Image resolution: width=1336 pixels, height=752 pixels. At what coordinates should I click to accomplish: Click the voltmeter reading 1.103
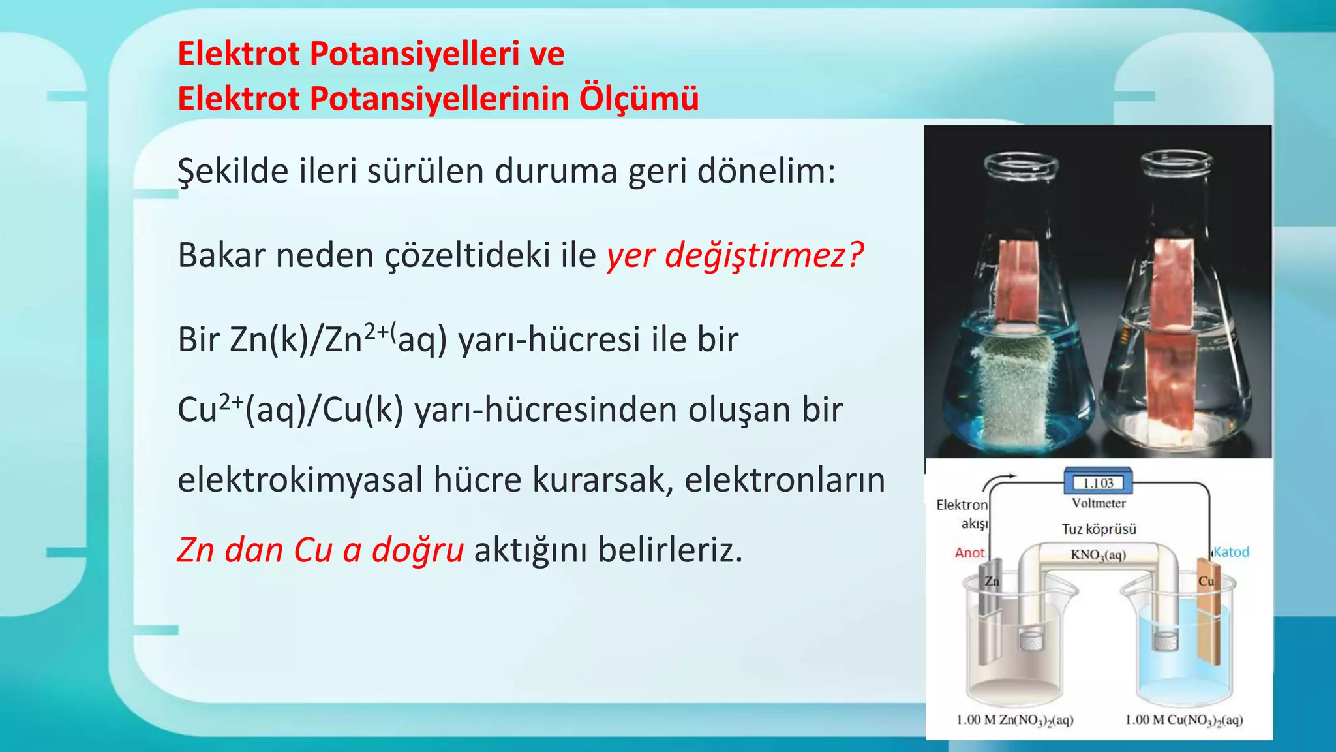1098,483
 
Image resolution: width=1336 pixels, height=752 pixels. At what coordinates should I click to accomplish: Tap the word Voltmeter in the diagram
1099,503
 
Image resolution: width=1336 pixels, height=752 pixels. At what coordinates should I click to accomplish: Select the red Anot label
969,553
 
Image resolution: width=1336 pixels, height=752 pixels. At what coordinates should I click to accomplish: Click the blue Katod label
1231,552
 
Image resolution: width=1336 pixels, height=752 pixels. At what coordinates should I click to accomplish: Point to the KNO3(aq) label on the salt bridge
1098,555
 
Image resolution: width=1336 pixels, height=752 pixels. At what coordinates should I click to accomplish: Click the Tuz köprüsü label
1099,529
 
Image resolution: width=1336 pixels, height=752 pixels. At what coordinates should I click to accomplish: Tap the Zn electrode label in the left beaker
992,581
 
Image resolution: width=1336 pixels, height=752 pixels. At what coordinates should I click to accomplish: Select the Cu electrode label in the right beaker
1206,581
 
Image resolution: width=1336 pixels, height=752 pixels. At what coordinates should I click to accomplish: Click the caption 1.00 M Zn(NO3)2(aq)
1014,720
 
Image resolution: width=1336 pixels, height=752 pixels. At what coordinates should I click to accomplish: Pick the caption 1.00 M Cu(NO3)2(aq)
1184,720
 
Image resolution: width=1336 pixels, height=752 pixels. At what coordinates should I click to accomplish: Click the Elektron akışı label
962,514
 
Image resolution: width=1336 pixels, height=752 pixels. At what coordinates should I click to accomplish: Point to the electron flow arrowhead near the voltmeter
1012,477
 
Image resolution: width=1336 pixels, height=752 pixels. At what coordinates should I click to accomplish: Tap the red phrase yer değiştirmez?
735,255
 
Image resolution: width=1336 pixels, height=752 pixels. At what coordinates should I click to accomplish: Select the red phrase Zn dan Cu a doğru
320,550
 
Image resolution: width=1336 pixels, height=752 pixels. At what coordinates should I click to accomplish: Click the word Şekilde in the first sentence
232,172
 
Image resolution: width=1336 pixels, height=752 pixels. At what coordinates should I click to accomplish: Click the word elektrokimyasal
301,480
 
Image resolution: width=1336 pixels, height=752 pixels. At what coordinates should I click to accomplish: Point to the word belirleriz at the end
670,550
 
